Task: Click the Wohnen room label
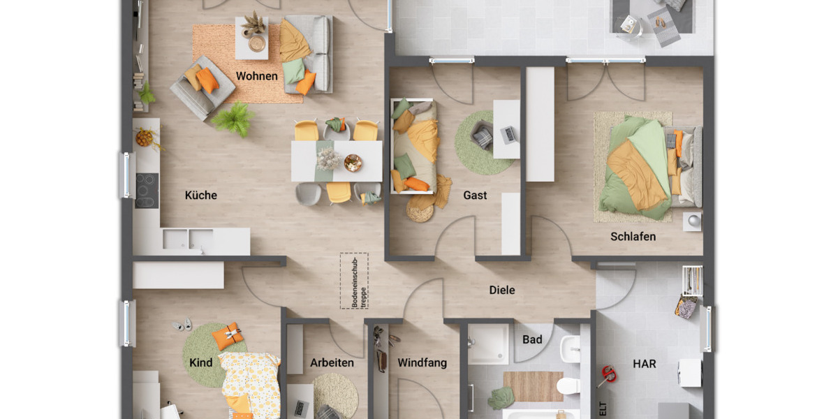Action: coord(256,76)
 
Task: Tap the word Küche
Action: coord(200,196)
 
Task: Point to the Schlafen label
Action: coord(633,237)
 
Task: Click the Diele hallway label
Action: coord(501,290)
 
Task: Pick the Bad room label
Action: coord(532,340)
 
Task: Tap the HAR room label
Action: coord(644,364)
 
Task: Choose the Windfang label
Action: coord(422,363)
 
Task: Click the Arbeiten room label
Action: coord(332,363)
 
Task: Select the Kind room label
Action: coord(200,363)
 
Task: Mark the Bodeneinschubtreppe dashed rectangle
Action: coord(354,280)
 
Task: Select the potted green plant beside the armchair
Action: coord(233,119)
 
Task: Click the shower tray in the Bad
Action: coord(488,344)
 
